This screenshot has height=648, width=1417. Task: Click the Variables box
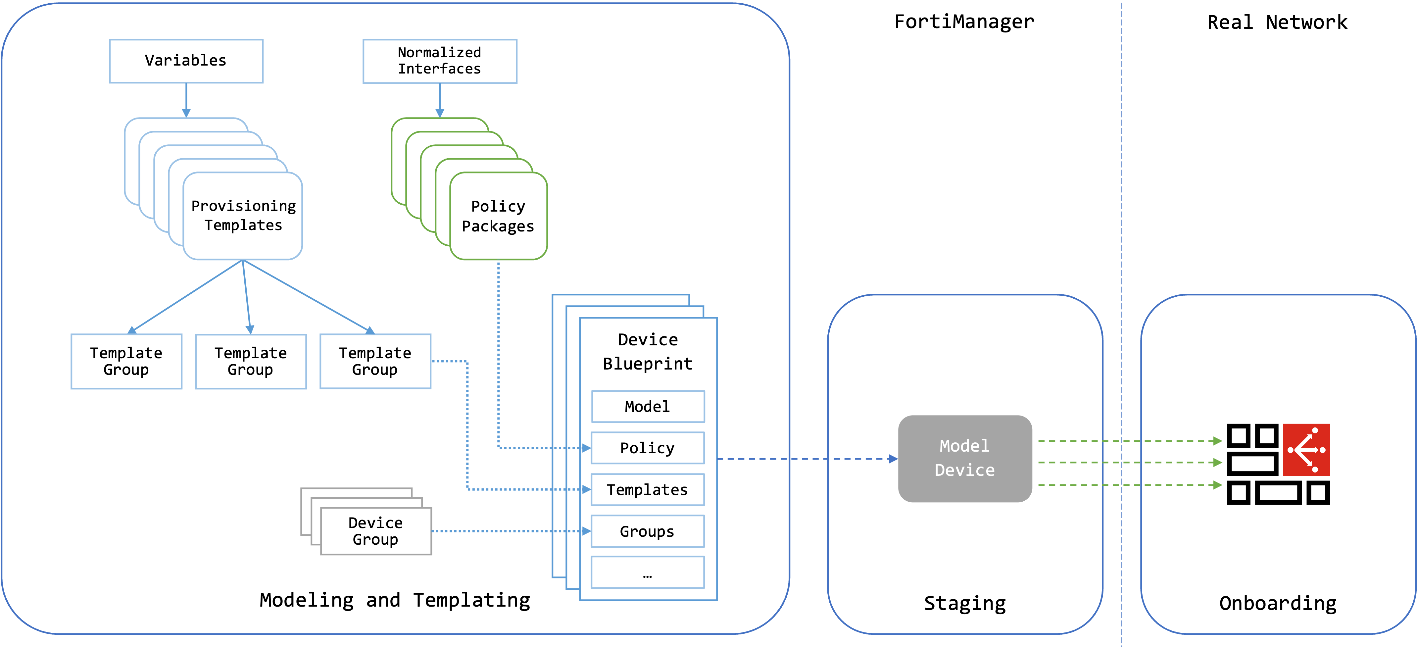pyautogui.click(x=186, y=61)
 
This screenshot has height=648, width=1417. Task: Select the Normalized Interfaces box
pyautogui.click(x=440, y=61)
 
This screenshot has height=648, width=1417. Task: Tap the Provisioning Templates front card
pyautogui.click(x=243, y=216)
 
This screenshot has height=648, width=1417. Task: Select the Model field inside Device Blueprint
pyautogui.click(x=648, y=407)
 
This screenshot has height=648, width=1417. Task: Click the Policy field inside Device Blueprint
pyautogui.click(x=648, y=448)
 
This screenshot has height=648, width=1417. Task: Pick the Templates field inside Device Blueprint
pyautogui.click(x=648, y=490)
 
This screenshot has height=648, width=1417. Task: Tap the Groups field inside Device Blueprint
pyautogui.click(x=648, y=531)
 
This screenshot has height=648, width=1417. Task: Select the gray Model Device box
pyautogui.click(x=965, y=458)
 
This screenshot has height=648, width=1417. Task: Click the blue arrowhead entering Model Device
pyautogui.click(x=893, y=459)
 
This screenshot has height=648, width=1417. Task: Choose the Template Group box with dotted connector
pyautogui.click(x=375, y=361)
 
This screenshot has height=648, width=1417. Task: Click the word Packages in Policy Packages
pyautogui.click(x=498, y=226)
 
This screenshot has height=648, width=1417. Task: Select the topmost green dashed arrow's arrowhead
pyautogui.click(x=1218, y=441)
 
